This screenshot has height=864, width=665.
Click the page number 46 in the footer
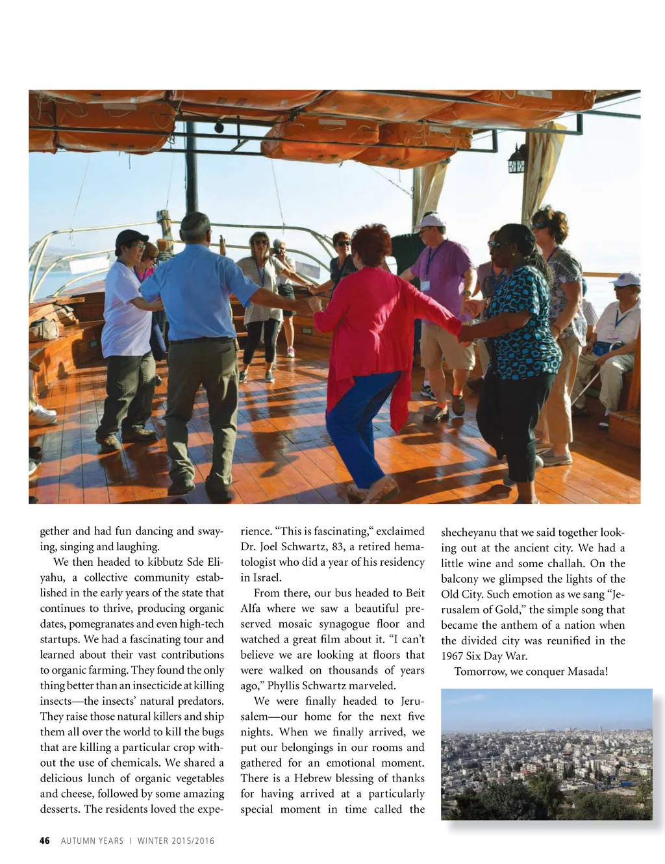(44, 841)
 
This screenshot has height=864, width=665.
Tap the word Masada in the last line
(586, 671)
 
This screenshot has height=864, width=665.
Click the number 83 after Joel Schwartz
(337, 546)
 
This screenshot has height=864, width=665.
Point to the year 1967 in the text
(452, 656)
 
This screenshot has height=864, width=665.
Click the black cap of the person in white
(131, 238)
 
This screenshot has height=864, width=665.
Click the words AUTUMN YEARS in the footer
(92, 841)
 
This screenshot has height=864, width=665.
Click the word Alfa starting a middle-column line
(250, 608)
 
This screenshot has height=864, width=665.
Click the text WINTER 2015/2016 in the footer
(175, 841)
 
